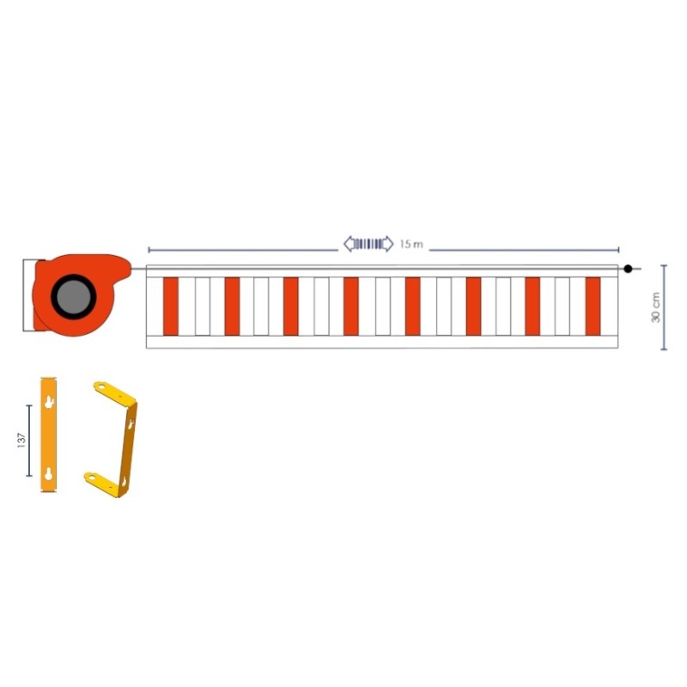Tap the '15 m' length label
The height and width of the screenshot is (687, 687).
[x=411, y=245]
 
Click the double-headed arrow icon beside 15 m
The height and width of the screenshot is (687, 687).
[x=368, y=244]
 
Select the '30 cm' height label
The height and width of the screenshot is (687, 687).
[x=655, y=307]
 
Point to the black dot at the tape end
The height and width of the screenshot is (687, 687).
[x=628, y=269]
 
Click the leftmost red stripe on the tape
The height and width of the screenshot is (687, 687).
[x=170, y=306]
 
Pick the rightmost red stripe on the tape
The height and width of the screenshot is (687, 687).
[x=593, y=306]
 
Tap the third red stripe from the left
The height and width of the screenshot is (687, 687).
[x=291, y=306]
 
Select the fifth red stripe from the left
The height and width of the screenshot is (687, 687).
[x=412, y=306]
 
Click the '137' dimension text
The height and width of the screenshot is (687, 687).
[x=21, y=441]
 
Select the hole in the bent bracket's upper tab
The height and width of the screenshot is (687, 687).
[x=102, y=387]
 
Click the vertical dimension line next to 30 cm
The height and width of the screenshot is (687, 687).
[x=664, y=307]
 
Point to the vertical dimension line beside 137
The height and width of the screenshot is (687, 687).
[x=29, y=441]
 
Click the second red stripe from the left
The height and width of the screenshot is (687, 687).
[x=232, y=306]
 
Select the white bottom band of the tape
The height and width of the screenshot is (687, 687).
[x=382, y=342]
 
